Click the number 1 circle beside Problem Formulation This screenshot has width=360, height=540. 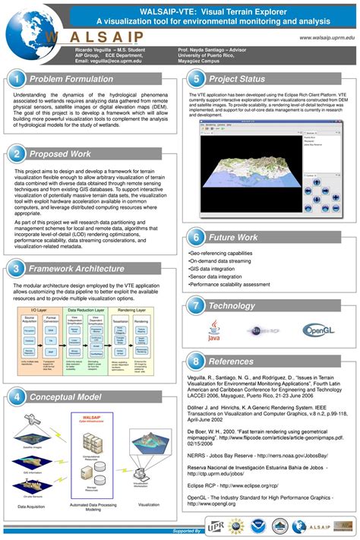[17, 79]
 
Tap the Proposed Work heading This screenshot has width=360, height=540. [60, 154]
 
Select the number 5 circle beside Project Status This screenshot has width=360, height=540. [197, 79]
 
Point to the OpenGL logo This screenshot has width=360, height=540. [318, 330]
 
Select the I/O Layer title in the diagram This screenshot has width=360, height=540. [34, 309]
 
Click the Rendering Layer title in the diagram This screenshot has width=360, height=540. [131, 309]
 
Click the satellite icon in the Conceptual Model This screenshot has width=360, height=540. [32, 419]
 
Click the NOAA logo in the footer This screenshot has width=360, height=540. [264, 525]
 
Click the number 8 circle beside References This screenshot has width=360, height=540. [197, 362]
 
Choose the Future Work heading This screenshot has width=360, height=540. [233, 237]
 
